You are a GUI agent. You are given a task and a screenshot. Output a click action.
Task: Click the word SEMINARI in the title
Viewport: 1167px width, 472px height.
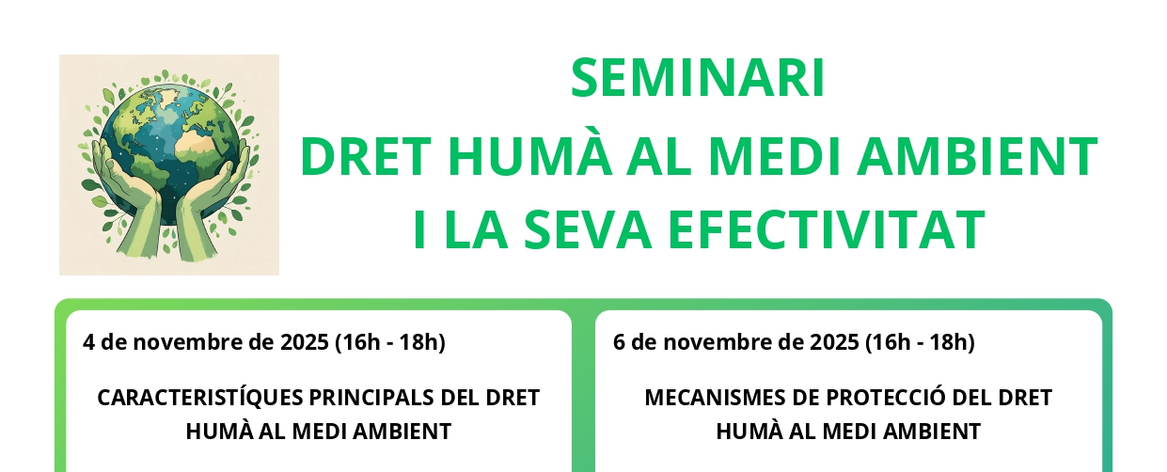(698, 78)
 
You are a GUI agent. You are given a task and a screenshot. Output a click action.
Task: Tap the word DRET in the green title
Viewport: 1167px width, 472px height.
(366, 156)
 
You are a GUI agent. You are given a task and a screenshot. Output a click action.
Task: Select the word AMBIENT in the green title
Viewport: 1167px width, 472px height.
(978, 156)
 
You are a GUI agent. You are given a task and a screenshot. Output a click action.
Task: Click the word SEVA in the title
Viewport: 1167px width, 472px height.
(588, 229)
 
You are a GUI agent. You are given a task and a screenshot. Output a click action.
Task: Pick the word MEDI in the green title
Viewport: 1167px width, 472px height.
(775, 156)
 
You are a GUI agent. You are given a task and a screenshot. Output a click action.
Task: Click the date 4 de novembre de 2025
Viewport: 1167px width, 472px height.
(206, 342)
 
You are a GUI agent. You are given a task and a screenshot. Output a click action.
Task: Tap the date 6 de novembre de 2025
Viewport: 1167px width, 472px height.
(736, 342)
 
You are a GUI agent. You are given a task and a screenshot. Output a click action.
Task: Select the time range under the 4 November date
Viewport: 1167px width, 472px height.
(390, 343)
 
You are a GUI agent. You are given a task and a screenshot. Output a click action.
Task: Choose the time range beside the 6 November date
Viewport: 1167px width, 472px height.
(920, 343)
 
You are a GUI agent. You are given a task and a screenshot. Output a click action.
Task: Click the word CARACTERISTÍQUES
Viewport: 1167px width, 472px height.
(200, 398)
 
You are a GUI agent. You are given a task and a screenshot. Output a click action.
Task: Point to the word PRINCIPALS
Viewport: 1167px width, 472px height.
(372, 398)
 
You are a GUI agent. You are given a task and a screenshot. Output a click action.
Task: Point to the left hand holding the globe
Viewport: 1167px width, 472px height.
(128, 198)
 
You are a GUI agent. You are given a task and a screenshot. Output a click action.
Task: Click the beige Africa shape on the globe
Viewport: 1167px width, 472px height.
(199, 142)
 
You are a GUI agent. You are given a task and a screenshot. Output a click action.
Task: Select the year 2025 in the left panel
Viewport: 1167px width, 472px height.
(305, 342)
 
